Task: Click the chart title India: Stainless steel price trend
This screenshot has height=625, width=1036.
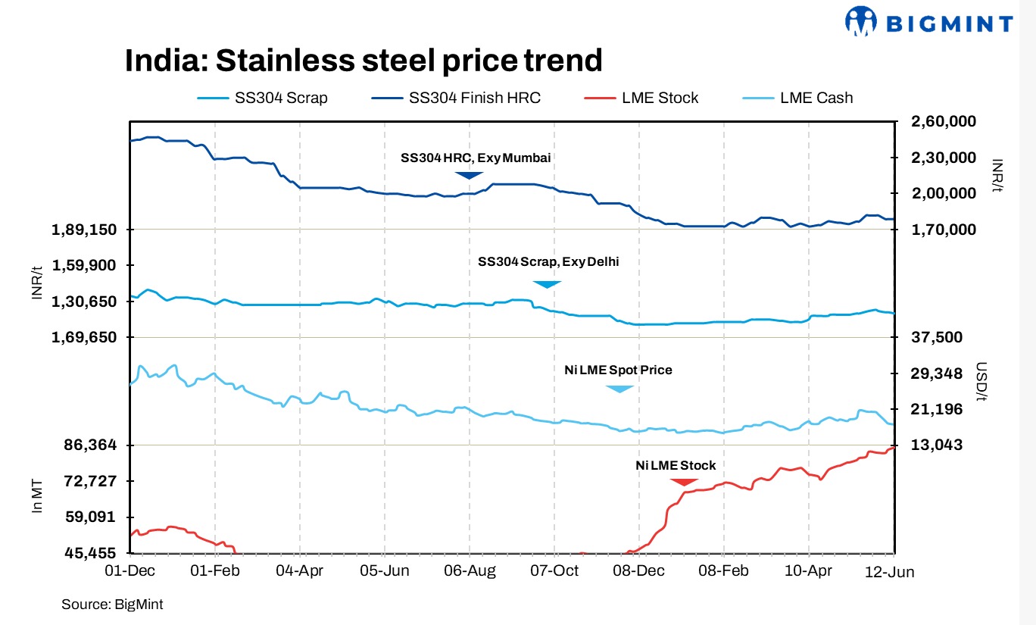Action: pos(364,61)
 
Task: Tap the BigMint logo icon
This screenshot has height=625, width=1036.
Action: pos(860,22)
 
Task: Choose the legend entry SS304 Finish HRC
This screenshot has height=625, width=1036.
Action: pos(475,98)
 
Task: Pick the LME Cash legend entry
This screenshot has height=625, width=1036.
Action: pos(816,98)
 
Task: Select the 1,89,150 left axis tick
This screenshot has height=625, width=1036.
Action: pos(84,230)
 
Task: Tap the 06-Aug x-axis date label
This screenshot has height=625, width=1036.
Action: pos(470,570)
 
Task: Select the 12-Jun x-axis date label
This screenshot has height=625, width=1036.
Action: pos(890,572)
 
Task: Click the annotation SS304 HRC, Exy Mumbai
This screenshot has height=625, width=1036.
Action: pos(476,158)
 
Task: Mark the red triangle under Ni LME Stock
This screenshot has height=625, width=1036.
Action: pos(684,482)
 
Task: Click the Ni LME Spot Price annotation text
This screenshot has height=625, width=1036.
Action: pos(618,370)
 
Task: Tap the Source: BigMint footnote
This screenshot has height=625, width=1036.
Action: pos(112,605)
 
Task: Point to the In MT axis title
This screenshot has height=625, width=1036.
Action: pos(37,496)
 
